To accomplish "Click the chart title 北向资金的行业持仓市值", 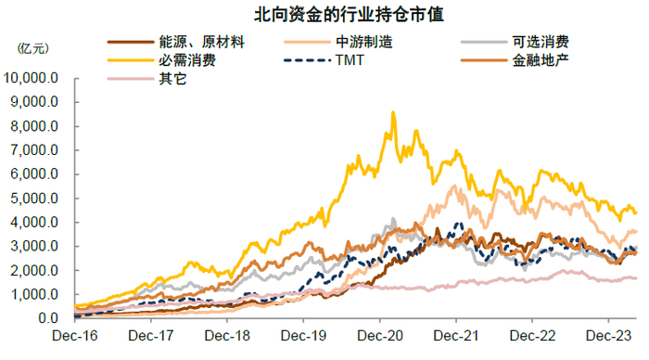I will (x=324, y=16).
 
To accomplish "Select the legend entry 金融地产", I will (x=540, y=62).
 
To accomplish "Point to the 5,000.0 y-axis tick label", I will (x=35, y=199).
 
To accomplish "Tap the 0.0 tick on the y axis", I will (x=48, y=318).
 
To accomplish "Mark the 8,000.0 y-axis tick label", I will (x=35, y=126).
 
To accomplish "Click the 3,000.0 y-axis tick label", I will (x=35, y=247).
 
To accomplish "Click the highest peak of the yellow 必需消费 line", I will (x=393, y=113).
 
